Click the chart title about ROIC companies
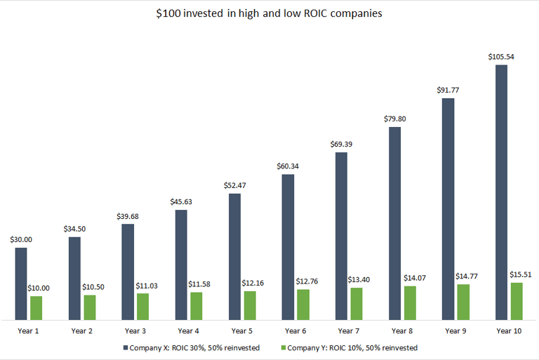click(x=269, y=14)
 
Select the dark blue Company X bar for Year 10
click(x=501, y=193)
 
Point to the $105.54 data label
click(x=501, y=56)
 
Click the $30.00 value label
click(x=21, y=239)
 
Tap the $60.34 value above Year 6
click(x=288, y=166)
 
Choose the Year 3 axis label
click(x=135, y=330)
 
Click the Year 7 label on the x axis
click(x=349, y=330)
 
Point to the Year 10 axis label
click(x=509, y=330)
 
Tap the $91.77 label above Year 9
click(x=448, y=90)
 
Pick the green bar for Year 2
click(x=90, y=307)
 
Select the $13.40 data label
click(x=361, y=279)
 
